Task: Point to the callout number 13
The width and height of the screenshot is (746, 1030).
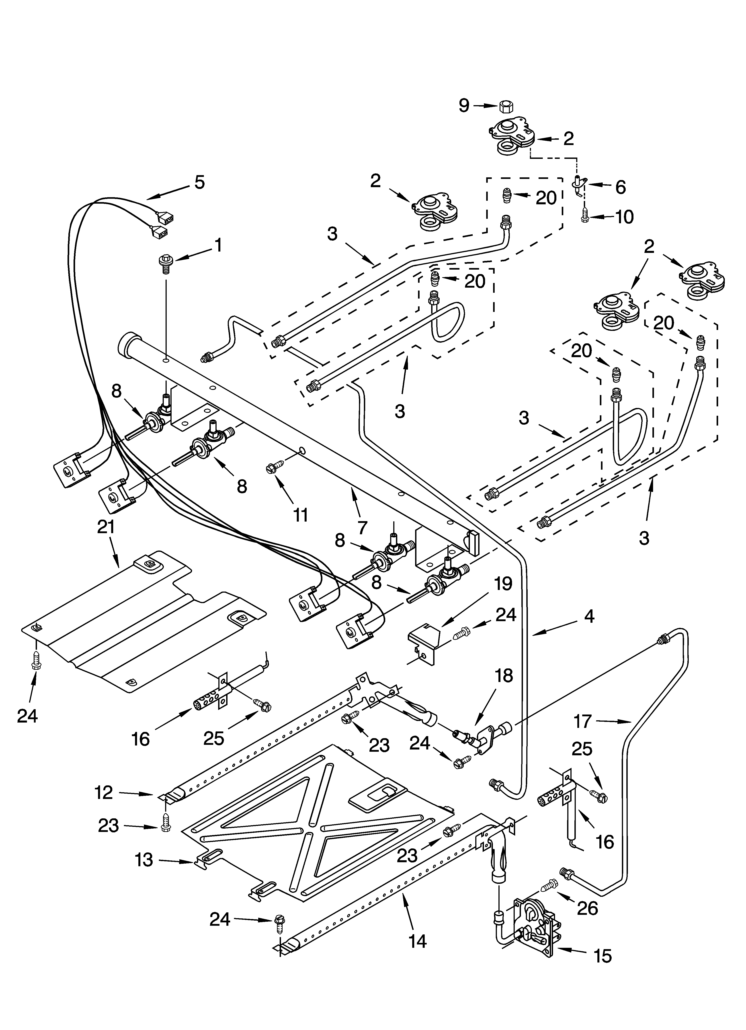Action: [144, 860]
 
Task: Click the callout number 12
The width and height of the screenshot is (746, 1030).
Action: [104, 792]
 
